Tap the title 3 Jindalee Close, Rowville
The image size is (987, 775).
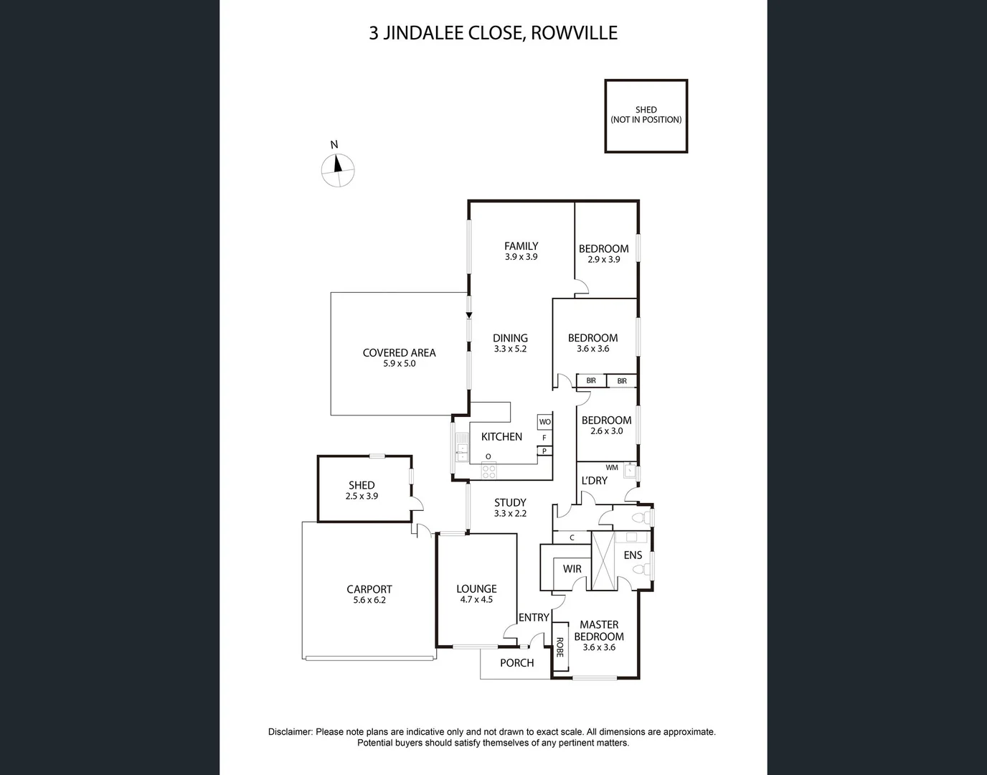pyautogui.click(x=493, y=33)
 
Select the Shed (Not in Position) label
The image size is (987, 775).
pyautogui.click(x=646, y=115)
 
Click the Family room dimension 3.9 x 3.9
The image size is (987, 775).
pyautogui.click(x=521, y=257)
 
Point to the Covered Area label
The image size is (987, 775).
pyautogui.click(x=399, y=352)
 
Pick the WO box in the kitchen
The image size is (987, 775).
pyautogui.click(x=544, y=422)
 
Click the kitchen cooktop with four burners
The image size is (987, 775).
pyautogui.click(x=488, y=471)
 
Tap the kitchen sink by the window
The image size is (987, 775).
pyautogui.click(x=462, y=452)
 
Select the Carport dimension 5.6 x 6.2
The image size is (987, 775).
pyautogui.click(x=369, y=600)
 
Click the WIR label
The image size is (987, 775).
pyautogui.click(x=572, y=569)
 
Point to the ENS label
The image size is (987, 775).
pyautogui.click(x=633, y=555)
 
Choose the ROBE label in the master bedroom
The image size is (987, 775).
pyautogui.click(x=559, y=648)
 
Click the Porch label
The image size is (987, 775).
pyautogui.click(x=516, y=663)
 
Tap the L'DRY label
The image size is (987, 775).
pyautogui.click(x=594, y=481)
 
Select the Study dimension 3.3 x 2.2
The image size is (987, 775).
pyautogui.click(x=510, y=514)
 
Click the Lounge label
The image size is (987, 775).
pyautogui.click(x=476, y=588)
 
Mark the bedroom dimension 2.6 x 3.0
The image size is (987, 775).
pyautogui.click(x=606, y=431)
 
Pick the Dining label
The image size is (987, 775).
pyautogui.click(x=510, y=338)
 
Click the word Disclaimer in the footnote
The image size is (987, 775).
pyautogui.click(x=290, y=732)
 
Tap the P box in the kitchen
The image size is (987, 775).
pyautogui.click(x=544, y=451)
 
